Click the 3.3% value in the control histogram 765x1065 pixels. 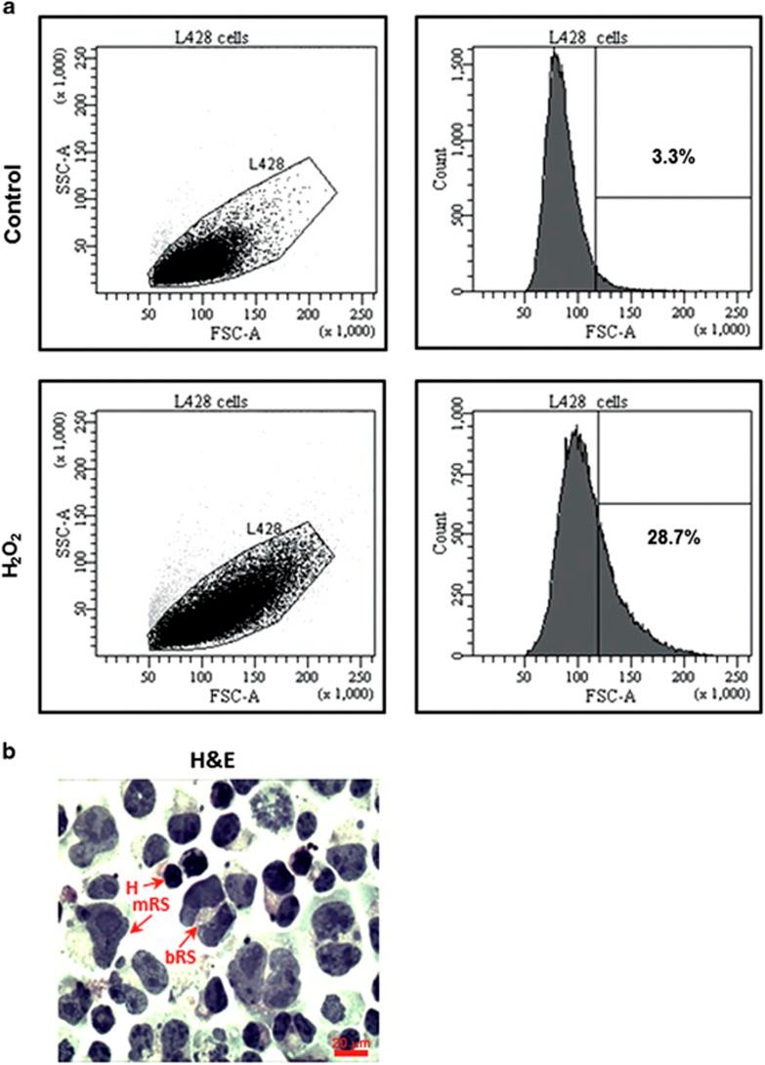pyautogui.click(x=673, y=157)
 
